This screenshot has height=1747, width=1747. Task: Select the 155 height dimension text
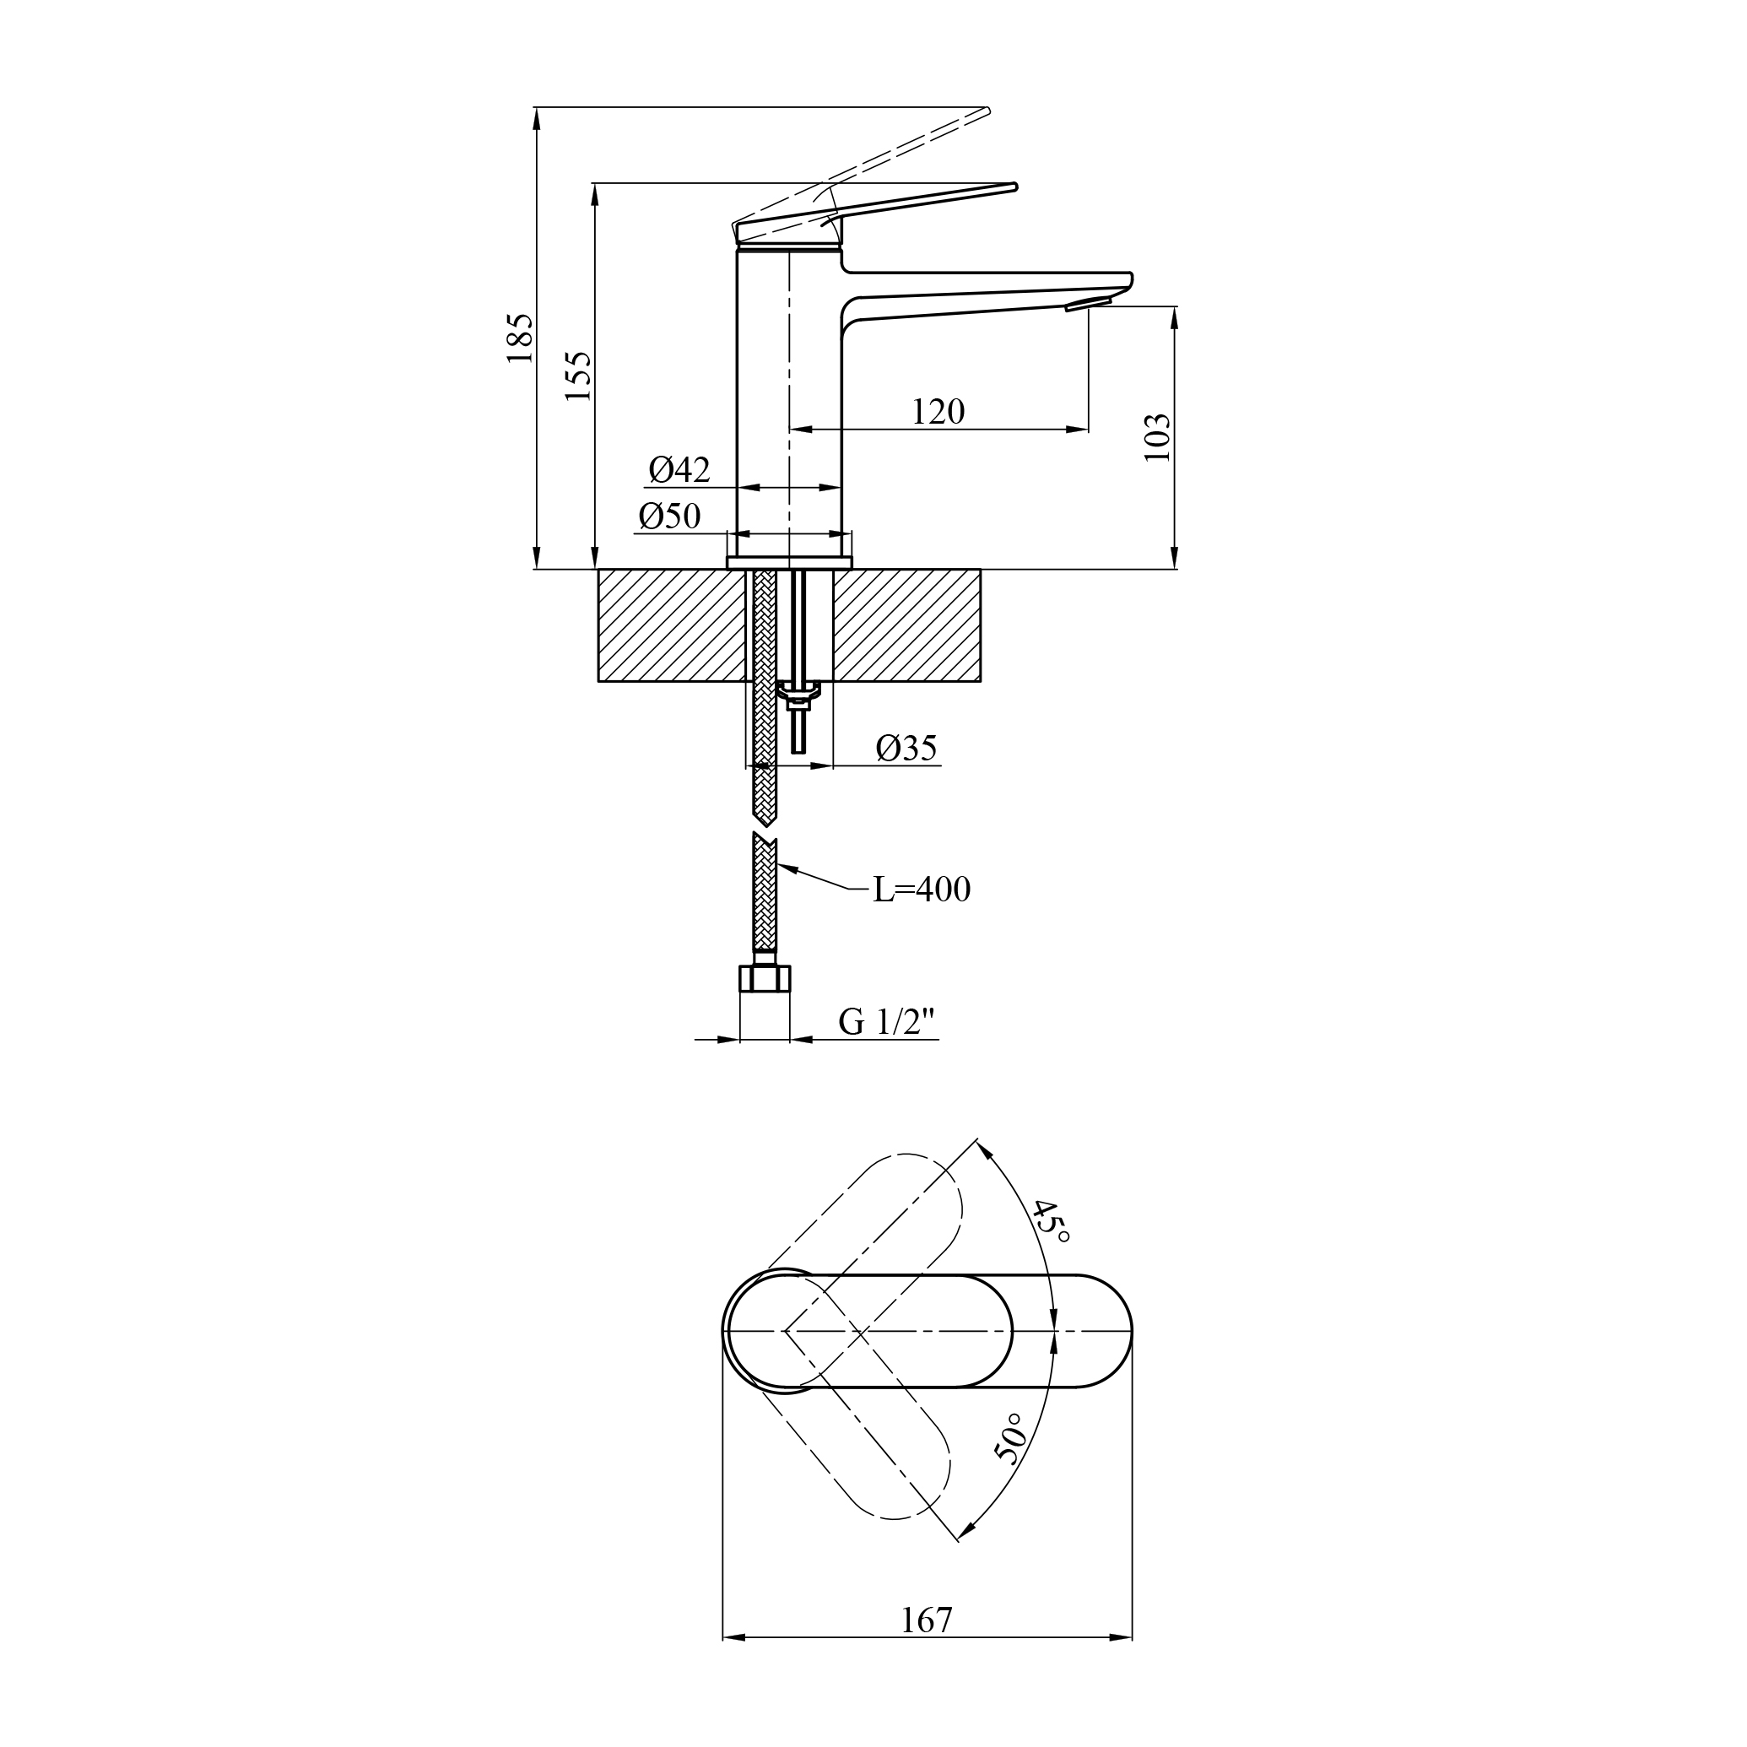pyautogui.click(x=579, y=376)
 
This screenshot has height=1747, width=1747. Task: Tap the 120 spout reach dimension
pyautogui.click(x=938, y=413)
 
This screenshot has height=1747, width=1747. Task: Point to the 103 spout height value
pyautogui.click(x=1156, y=438)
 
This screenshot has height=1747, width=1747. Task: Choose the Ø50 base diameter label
pyautogui.click(x=669, y=517)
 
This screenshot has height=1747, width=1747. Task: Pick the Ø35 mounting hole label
pyautogui.click(x=906, y=748)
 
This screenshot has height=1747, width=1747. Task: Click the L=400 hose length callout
pyautogui.click(x=922, y=890)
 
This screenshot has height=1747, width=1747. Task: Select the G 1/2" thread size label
pyautogui.click(x=885, y=1023)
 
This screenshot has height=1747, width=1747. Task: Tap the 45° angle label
pyautogui.click(x=1051, y=1220)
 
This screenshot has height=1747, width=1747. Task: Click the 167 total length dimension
pyautogui.click(x=927, y=1620)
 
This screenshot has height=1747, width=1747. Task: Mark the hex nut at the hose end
pyautogui.click(x=765, y=978)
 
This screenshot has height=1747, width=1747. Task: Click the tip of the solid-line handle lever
pyautogui.click(x=1014, y=187)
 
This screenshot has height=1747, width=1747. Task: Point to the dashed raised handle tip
pyautogui.click(x=987, y=111)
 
